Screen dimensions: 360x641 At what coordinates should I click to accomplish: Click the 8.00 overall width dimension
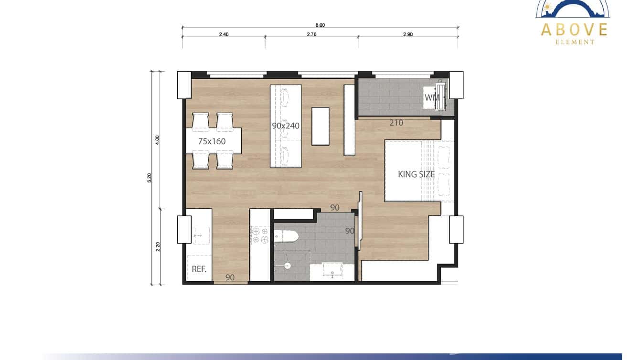click(320, 25)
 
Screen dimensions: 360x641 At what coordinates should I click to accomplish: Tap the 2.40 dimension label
click(224, 34)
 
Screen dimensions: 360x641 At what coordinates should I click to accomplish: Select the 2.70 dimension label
click(311, 34)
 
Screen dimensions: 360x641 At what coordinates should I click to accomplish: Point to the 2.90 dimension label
click(407, 34)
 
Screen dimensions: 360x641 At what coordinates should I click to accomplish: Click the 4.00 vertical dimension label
click(158, 139)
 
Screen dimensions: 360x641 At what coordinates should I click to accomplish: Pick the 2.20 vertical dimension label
click(158, 246)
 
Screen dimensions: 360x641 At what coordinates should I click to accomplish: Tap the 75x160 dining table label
click(212, 141)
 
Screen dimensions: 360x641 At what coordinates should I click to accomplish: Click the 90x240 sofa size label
click(286, 126)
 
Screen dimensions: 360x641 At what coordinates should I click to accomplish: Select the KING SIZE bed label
click(417, 174)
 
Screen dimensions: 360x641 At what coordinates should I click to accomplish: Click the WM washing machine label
click(432, 97)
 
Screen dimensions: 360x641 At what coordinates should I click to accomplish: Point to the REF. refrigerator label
click(199, 269)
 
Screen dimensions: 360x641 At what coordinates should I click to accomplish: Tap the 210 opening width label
click(396, 123)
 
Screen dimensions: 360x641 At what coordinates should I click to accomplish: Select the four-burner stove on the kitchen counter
click(260, 236)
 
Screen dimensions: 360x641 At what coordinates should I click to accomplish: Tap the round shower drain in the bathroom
click(287, 265)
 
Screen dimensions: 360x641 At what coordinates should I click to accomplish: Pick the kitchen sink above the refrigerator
click(201, 235)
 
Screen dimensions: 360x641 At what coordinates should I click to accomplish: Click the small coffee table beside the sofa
click(320, 126)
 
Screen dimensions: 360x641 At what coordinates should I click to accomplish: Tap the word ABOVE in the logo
click(574, 30)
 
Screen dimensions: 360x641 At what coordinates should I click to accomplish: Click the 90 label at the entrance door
click(230, 277)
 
